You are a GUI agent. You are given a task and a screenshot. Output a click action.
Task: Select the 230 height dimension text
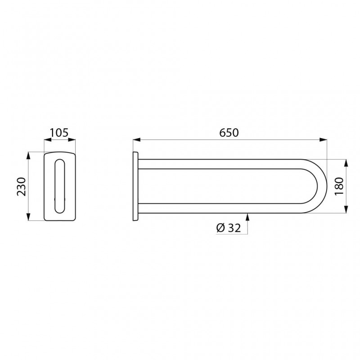(20, 186)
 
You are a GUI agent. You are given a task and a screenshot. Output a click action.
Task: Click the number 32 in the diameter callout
(234, 228)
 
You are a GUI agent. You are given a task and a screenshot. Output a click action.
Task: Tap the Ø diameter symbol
(220, 228)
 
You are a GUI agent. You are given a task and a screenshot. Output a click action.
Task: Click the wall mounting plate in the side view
(135, 186)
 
